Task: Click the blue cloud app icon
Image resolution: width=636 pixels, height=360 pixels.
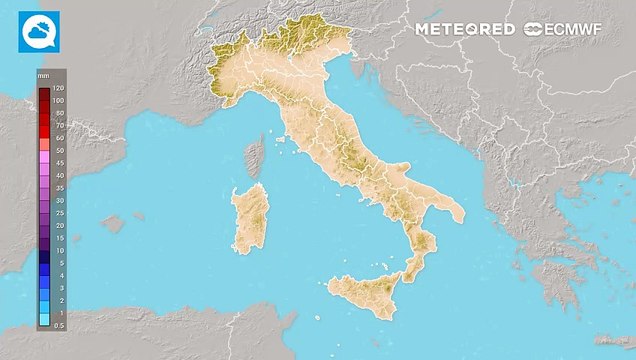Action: tap(39, 31)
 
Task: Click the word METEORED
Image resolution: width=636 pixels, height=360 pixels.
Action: tap(466, 30)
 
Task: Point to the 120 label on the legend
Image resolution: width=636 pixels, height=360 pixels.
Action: tap(59, 88)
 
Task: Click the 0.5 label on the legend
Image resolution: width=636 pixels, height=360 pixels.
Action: tap(59, 325)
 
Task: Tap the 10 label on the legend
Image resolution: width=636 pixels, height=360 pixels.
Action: tap(59, 250)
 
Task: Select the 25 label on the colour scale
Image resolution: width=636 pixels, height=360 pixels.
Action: tap(59, 213)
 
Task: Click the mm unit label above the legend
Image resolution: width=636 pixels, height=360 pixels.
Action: tap(44, 76)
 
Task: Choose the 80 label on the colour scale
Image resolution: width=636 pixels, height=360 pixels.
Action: tap(59, 113)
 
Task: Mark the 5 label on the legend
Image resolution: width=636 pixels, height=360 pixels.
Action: tap(59, 263)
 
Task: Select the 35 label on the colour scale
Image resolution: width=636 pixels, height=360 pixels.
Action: tap(59, 188)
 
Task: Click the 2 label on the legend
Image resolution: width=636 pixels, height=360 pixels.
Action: tap(59, 300)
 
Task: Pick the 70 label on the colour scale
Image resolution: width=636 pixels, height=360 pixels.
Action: tap(59, 125)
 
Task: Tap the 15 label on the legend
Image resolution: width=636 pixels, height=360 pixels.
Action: tap(59, 238)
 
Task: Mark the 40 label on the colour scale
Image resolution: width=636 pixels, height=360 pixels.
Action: tap(59, 175)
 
